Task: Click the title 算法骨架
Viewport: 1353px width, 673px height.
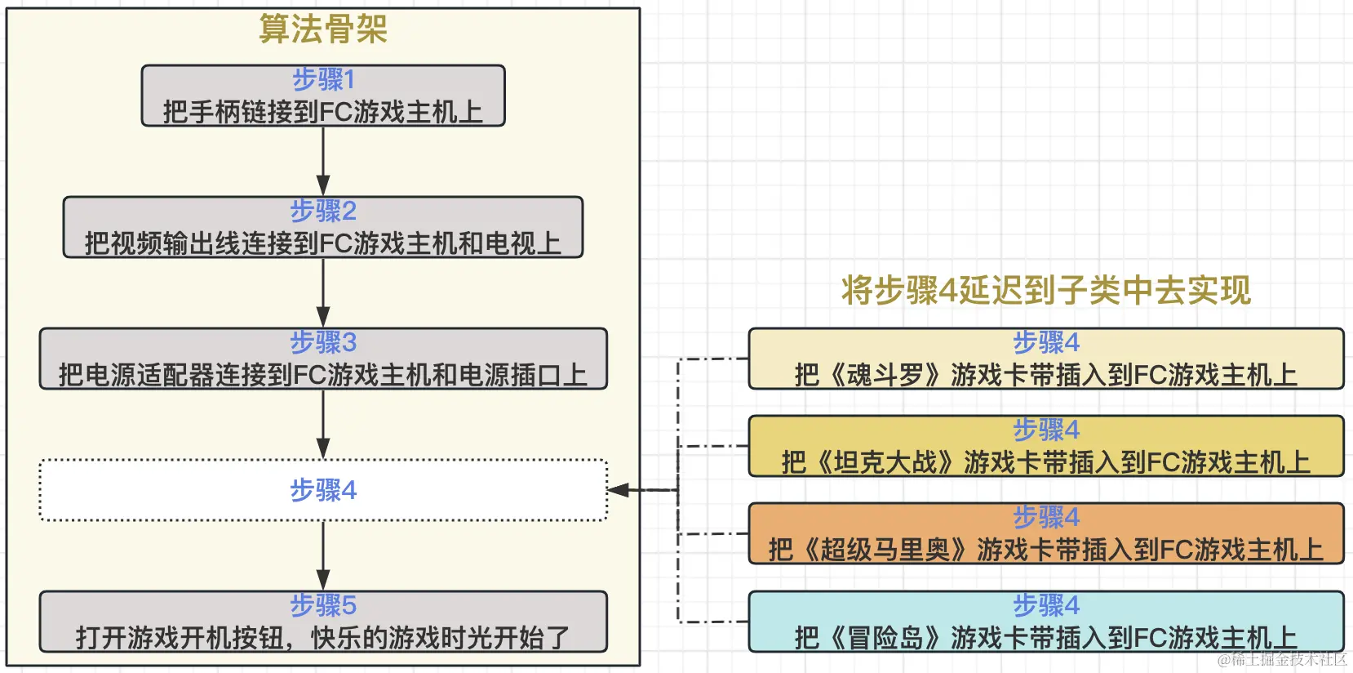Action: pyautogui.click(x=323, y=29)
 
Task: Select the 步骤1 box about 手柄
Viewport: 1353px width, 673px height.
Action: pyautogui.click(x=323, y=96)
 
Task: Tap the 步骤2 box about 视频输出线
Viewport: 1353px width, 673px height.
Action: pyautogui.click(x=323, y=228)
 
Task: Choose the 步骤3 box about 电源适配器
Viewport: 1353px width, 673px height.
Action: pyautogui.click(x=323, y=359)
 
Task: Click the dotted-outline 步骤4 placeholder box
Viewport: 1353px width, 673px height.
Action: pyautogui.click(x=323, y=490)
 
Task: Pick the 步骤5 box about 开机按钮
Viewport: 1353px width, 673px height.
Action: pyautogui.click(x=323, y=622)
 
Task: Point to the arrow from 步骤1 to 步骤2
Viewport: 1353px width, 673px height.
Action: pyautogui.click(x=323, y=161)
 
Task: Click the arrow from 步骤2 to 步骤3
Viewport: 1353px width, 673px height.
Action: pyautogui.click(x=323, y=292)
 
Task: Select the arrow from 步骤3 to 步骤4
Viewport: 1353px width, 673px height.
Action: pyautogui.click(x=323, y=424)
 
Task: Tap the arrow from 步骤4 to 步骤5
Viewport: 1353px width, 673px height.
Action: pyautogui.click(x=323, y=555)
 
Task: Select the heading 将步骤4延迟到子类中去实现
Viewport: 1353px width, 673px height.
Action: pyautogui.click(x=1046, y=291)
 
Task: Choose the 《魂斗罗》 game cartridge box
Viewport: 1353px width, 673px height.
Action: pyautogui.click(x=1046, y=359)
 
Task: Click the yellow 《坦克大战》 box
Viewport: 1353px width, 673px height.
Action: pyautogui.click(x=1046, y=447)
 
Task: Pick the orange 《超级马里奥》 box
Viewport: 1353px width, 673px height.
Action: pyautogui.click(x=1046, y=534)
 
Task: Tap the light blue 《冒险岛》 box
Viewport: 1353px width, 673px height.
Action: pyautogui.click(x=1046, y=622)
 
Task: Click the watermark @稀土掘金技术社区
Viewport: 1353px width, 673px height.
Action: pyautogui.click(x=1282, y=660)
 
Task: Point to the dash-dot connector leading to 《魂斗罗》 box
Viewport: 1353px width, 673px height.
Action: pyautogui.click(x=713, y=359)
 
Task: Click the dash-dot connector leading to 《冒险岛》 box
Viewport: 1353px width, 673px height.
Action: pyautogui.click(x=713, y=622)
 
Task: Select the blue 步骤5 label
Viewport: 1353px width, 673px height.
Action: pyautogui.click(x=323, y=605)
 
